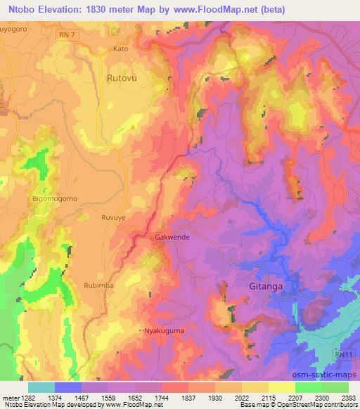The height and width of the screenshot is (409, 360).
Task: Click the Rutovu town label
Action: (x=122, y=79)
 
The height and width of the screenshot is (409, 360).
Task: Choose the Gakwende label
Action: (x=172, y=238)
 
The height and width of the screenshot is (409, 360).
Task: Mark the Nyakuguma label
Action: (x=162, y=330)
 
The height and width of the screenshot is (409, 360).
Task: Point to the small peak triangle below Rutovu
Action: (x=134, y=126)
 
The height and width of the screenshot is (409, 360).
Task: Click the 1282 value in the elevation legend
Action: (x=25, y=398)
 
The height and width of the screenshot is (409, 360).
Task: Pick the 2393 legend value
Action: (x=349, y=398)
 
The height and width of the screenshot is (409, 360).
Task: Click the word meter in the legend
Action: (x=8, y=398)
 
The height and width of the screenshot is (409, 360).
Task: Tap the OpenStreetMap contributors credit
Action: (x=321, y=405)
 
